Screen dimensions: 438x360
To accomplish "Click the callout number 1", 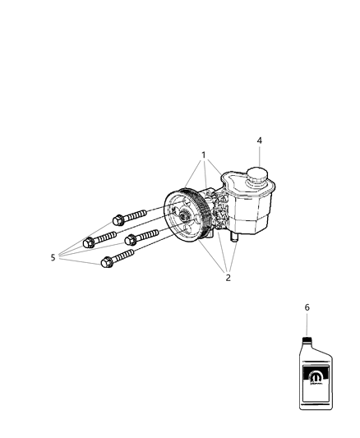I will coord(203,155).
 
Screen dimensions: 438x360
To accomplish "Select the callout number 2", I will coord(228,277).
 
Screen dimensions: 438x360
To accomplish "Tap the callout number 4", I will coord(259,141).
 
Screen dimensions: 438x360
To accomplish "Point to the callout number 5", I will coord(53,257).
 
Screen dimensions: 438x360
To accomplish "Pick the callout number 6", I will coord(307,307).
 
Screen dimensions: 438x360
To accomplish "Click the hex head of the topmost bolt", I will coord(116,221).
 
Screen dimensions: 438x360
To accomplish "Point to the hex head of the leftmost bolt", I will coord(90,242).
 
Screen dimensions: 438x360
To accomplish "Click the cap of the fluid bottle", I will coord(307,339).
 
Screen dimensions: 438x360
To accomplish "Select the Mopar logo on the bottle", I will coord(314,376).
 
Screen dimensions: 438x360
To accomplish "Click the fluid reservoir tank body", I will coord(251,210).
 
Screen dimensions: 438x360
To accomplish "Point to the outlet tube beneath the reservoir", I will coord(235,237).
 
